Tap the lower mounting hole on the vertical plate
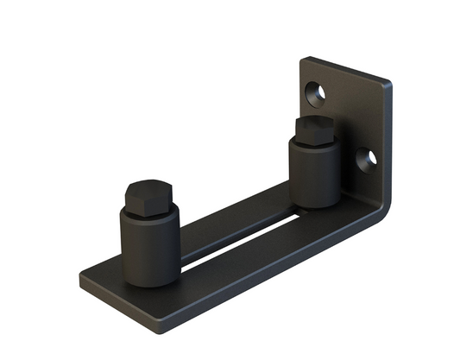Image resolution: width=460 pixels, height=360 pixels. [367, 157]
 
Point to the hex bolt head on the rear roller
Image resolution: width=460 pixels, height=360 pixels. [312, 129]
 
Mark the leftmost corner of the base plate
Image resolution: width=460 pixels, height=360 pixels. [81, 278]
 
